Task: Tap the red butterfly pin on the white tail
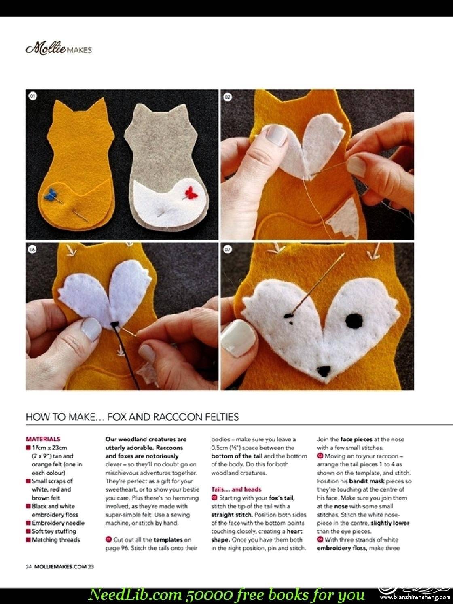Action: point(191,193)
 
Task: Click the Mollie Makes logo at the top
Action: point(59,49)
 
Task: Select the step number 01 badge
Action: point(33,96)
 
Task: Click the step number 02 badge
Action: point(228,97)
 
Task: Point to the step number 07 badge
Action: point(228,250)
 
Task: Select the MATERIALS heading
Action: point(43,439)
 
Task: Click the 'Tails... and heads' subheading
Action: point(236,489)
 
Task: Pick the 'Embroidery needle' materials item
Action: point(55,523)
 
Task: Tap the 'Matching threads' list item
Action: point(53,540)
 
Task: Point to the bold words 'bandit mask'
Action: point(366,481)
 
